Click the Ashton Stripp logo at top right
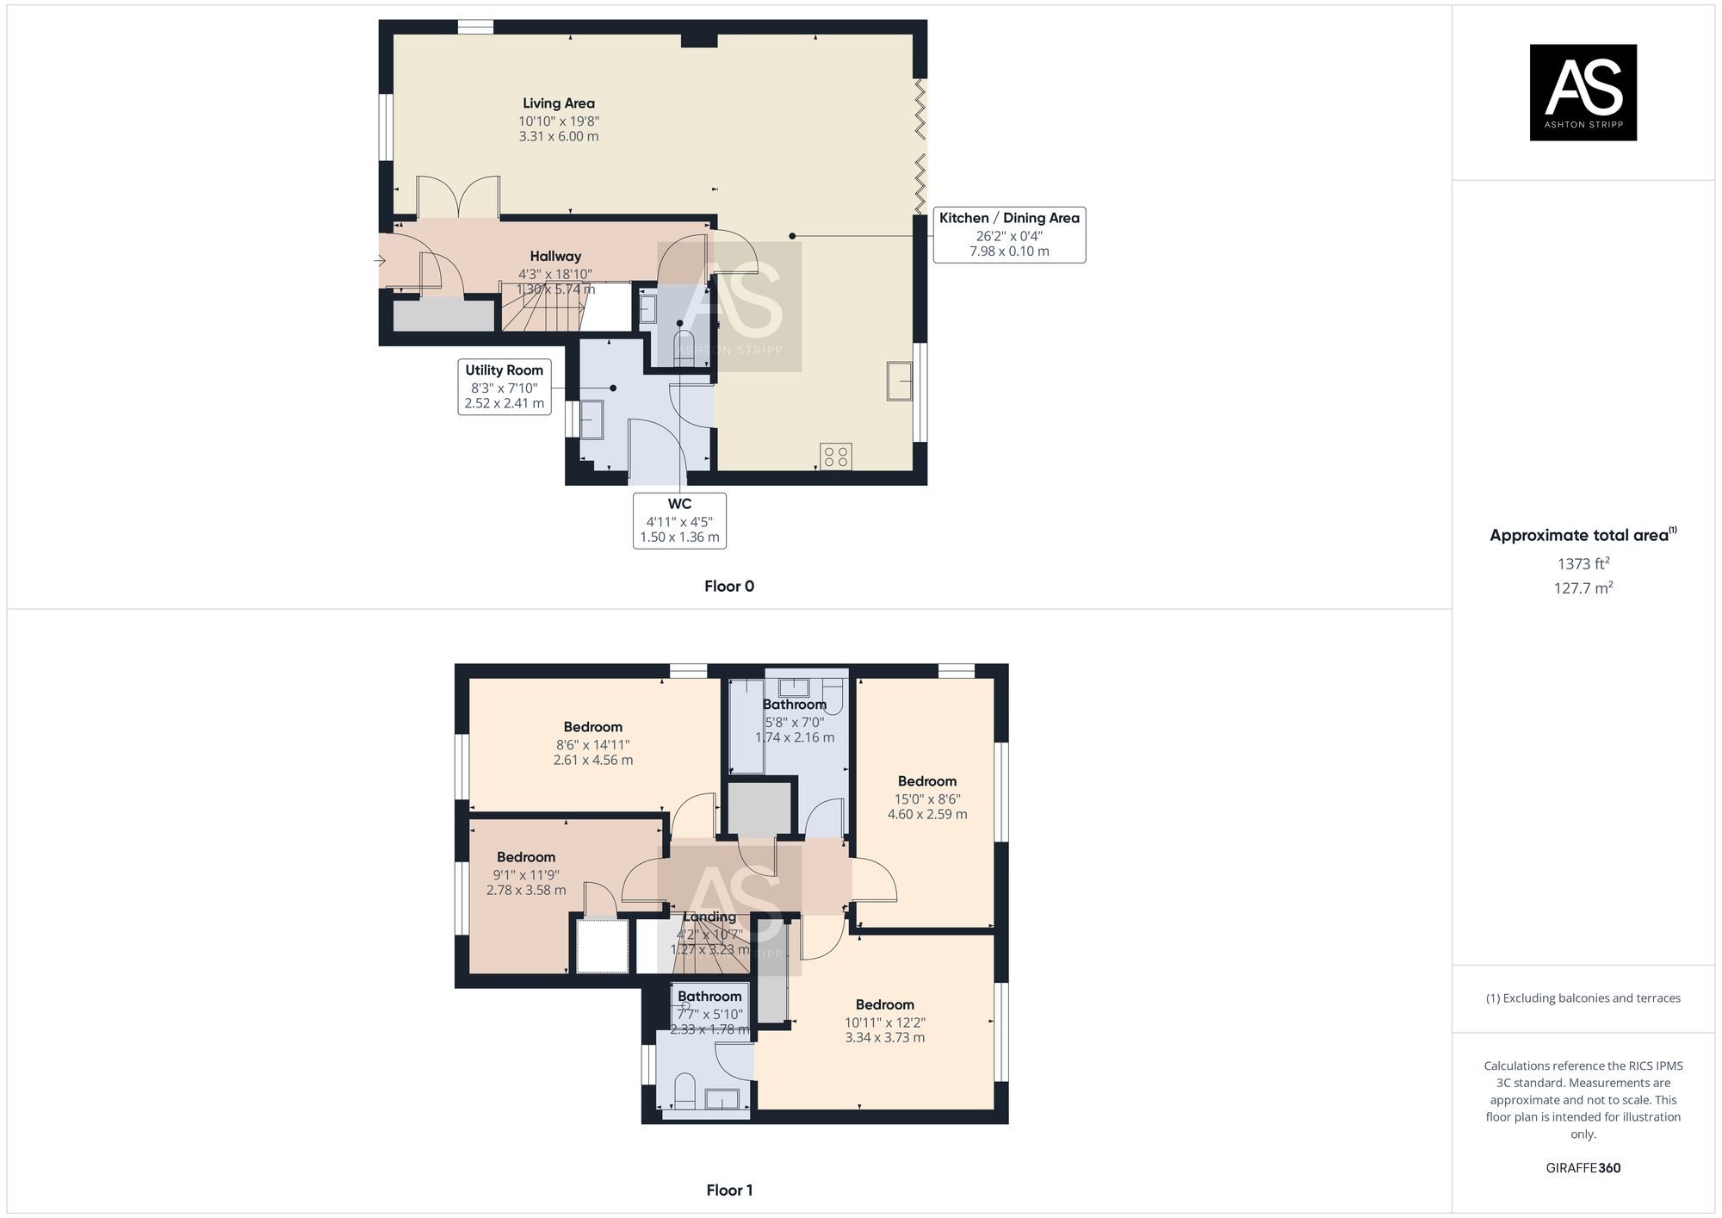click(1583, 92)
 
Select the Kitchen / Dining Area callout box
click(1009, 234)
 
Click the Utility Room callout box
click(505, 387)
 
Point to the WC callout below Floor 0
click(679, 520)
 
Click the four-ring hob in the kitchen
click(835, 456)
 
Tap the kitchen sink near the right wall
click(900, 381)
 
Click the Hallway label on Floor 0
click(555, 256)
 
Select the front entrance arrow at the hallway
click(381, 260)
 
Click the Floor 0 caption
click(728, 586)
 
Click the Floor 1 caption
click(728, 1190)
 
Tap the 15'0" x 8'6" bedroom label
click(927, 798)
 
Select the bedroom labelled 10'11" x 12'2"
click(884, 1021)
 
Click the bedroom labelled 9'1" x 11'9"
click(526, 873)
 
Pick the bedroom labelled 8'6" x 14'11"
click(592, 743)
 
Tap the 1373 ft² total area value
click(1583, 564)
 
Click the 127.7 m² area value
click(1583, 588)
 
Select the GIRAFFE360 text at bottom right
click(1583, 1168)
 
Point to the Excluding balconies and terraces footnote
click(1583, 998)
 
